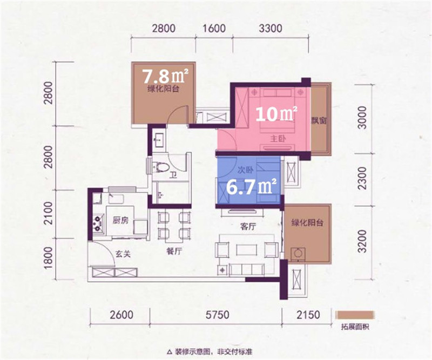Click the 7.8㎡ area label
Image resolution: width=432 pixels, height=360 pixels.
(x=165, y=76)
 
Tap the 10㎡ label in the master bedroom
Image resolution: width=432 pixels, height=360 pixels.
(x=276, y=113)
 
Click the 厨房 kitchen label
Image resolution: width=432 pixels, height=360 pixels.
(x=121, y=220)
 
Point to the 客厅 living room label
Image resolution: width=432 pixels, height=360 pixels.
(x=248, y=226)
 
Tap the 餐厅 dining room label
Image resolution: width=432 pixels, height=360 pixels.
(x=174, y=251)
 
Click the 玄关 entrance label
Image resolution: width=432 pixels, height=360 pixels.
(x=123, y=254)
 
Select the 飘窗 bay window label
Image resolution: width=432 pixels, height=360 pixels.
(x=319, y=120)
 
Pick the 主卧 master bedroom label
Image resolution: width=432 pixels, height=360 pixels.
(x=278, y=139)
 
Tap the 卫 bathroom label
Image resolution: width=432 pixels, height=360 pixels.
(x=173, y=175)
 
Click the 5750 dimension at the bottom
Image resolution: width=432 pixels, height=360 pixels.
(x=218, y=314)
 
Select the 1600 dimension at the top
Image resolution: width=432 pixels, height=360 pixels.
(x=214, y=29)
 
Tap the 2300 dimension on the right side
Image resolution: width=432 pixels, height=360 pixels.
(x=363, y=178)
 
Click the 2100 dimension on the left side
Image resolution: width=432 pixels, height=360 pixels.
(x=49, y=214)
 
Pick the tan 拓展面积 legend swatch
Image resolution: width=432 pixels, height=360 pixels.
(x=355, y=315)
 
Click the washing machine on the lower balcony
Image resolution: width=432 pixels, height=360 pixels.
(x=298, y=253)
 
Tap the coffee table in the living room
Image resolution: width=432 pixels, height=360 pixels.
(x=247, y=250)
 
